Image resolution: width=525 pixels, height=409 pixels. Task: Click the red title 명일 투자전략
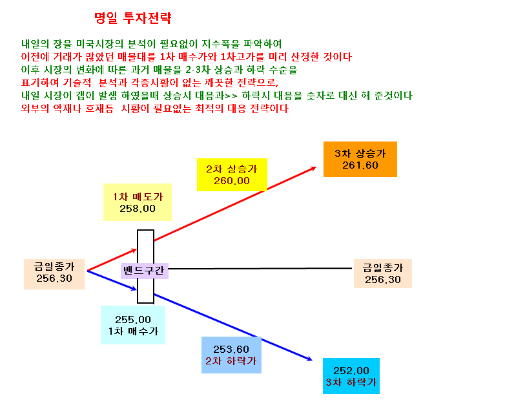132,17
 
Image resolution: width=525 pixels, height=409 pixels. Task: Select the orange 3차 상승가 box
360,159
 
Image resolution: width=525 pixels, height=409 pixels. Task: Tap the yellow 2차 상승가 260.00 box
232,174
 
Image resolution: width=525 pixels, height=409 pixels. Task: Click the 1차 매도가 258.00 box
138,202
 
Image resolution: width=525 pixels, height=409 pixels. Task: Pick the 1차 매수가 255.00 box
133,325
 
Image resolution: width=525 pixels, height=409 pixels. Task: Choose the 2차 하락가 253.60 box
231,355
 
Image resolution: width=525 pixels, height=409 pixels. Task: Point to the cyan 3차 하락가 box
351,376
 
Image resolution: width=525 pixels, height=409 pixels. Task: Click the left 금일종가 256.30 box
54,274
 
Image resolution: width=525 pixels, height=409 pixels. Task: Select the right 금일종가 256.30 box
383,273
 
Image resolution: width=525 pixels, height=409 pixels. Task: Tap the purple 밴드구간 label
144,271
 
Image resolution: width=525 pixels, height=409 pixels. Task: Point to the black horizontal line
260,268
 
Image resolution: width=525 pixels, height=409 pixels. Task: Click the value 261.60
360,165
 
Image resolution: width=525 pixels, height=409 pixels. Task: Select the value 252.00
351,370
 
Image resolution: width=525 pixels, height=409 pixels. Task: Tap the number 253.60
231,350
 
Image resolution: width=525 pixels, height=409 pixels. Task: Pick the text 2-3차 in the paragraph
198,70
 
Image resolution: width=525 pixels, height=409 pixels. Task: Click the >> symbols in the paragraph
231,96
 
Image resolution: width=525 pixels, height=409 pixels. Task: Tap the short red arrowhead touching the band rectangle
135,250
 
